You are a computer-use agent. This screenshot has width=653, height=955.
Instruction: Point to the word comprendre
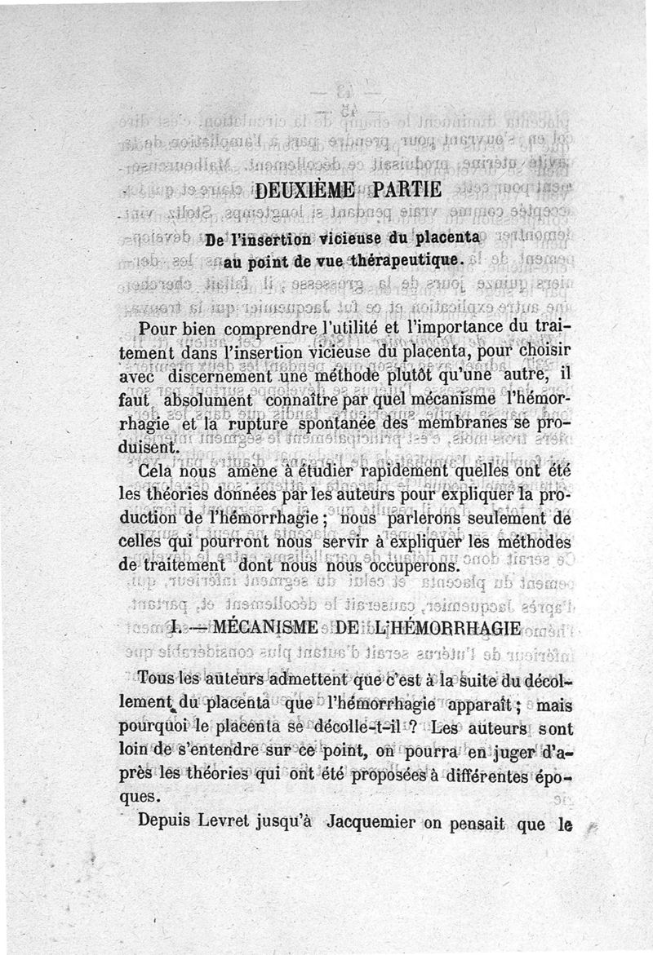point(252,330)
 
